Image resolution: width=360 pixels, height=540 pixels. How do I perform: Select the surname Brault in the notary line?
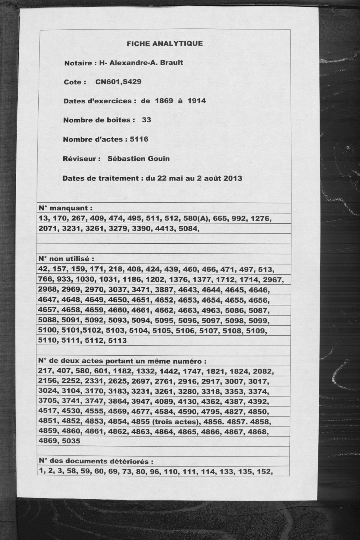coord(171,63)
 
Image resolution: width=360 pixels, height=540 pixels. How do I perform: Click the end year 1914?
coord(197,101)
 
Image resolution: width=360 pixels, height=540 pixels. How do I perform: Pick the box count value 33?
coord(147,120)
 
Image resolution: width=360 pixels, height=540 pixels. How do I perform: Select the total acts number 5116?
coord(139,139)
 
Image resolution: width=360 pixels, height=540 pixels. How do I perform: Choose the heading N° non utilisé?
coord(66,259)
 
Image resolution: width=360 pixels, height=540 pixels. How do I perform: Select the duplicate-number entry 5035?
coord(70,441)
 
